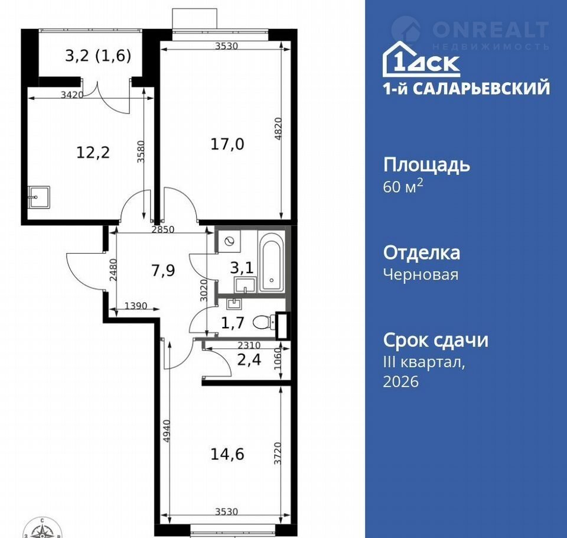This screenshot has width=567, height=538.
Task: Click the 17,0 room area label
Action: click(x=227, y=144)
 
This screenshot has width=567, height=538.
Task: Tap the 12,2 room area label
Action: click(x=93, y=153)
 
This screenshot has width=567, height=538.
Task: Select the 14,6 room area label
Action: click(x=227, y=454)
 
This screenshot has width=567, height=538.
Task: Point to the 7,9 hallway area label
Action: click(x=163, y=270)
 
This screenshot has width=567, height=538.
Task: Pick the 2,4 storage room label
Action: click(x=249, y=360)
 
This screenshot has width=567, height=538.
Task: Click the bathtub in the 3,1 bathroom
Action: click(x=272, y=262)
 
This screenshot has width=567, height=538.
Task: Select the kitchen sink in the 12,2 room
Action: click(x=39, y=197)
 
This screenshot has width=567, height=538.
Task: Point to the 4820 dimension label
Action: click(x=278, y=129)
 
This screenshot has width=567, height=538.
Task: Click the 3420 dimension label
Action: click(x=72, y=95)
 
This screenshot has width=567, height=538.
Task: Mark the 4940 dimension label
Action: click(x=167, y=431)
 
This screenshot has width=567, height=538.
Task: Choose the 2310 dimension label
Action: click(x=249, y=345)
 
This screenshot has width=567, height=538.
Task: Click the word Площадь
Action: click(x=426, y=165)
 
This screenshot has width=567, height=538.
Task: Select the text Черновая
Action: click(x=421, y=274)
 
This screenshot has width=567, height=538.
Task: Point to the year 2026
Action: click(x=400, y=381)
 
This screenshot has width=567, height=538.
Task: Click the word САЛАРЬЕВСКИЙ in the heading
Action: click(x=481, y=88)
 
